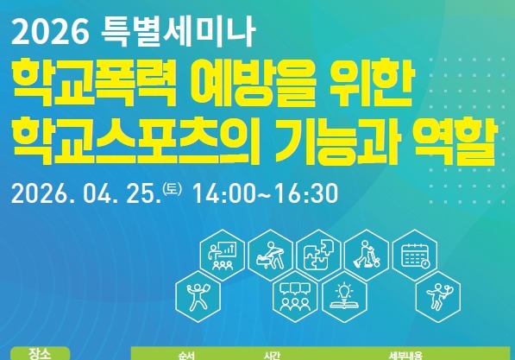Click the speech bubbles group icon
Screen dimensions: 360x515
[292, 295]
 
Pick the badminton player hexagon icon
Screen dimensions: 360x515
[434, 296]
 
